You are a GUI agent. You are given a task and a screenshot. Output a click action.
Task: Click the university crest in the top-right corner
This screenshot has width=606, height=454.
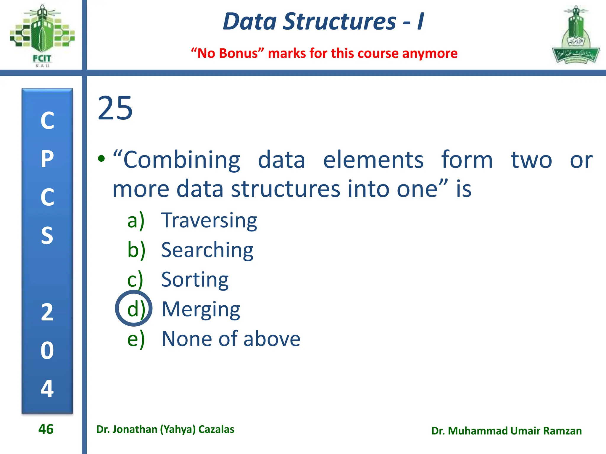[x=575, y=35]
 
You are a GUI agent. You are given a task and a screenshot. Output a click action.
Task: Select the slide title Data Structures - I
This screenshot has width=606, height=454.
[x=323, y=21]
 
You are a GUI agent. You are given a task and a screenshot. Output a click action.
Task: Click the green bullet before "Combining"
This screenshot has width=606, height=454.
[x=101, y=159]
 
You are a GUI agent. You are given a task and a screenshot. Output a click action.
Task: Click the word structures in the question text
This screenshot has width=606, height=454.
[x=286, y=189]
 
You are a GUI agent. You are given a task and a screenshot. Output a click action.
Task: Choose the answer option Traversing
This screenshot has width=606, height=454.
[x=209, y=220]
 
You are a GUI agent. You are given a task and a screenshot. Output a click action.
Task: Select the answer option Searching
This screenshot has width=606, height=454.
[x=207, y=250]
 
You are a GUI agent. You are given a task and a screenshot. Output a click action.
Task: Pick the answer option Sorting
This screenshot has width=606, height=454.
[x=195, y=280]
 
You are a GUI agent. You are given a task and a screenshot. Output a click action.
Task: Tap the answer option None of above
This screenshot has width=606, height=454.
[x=231, y=339]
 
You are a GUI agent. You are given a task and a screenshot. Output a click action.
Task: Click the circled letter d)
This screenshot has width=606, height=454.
[x=134, y=309]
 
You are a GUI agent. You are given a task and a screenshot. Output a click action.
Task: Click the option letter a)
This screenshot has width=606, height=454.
[x=136, y=220]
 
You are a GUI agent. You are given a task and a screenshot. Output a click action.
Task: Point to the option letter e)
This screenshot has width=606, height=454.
[x=136, y=339]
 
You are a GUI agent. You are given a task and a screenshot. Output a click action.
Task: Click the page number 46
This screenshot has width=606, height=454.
[x=46, y=429]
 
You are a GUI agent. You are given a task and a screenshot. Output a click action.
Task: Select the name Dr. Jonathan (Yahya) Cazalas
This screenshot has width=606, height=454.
[x=165, y=429]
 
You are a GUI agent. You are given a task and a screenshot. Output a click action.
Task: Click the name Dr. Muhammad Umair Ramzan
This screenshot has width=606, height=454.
[x=506, y=431]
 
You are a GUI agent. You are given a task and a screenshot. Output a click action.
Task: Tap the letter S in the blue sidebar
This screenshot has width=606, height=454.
[x=47, y=235]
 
